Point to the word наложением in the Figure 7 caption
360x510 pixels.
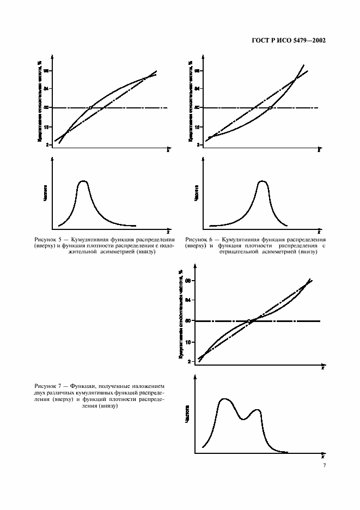click(148, 386)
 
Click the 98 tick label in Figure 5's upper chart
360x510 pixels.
click(47, 71)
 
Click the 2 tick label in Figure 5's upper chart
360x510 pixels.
click(48, 144)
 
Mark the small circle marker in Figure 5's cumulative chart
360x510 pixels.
click(90, 108)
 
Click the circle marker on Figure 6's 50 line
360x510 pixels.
click(270, 108)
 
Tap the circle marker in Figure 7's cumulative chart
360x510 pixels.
click(249, 321)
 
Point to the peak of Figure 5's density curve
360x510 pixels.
click(83, 181)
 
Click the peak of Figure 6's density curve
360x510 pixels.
click(263, 181)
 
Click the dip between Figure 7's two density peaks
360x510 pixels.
click(243, 419)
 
